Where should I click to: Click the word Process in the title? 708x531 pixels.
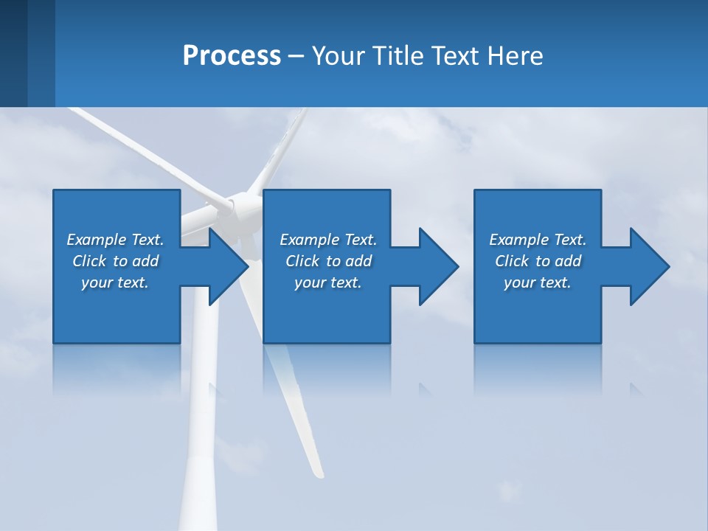tap(232, 56)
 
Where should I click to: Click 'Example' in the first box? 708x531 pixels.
tap(97, 240)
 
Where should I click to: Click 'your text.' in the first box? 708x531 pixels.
tap(115, 282)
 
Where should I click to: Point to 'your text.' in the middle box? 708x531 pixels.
tap(328, 282)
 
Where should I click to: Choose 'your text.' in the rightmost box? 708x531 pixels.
tap(538, 282)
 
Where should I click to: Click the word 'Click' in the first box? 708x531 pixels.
tap(89, 261)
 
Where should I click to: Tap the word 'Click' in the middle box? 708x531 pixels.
tap(302, 261)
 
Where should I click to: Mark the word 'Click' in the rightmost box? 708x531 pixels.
tap(512, 261)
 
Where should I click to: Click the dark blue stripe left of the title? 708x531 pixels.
tap(14, 53)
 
